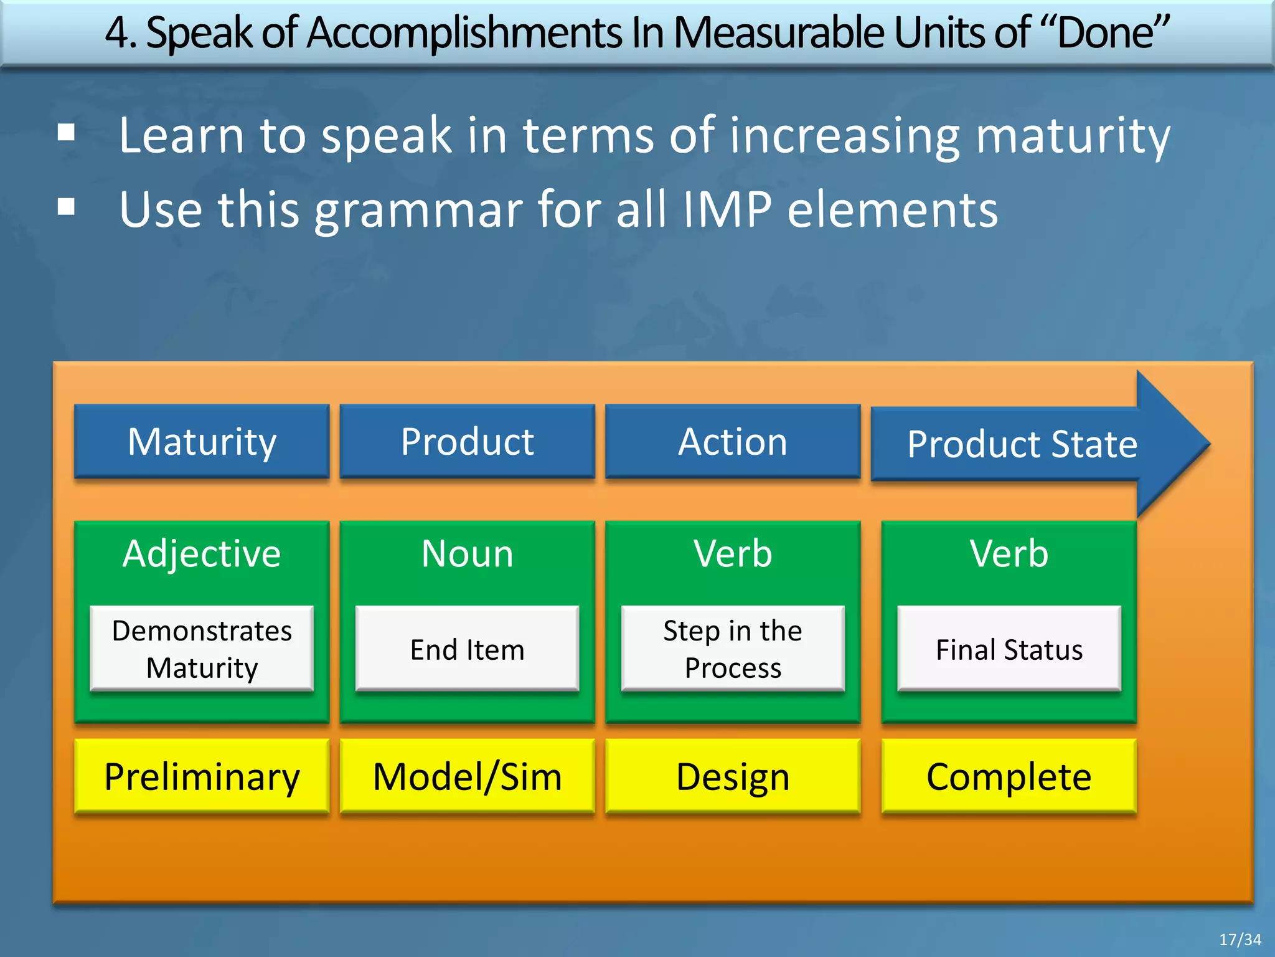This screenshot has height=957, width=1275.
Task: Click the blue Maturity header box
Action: tap(202, 441)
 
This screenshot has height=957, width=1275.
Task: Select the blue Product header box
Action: tap(467, 441)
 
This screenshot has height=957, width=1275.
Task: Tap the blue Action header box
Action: tap(733, 441)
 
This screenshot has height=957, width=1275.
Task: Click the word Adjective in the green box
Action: tap(202, 553)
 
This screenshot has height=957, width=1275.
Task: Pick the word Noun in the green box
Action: tap(467, 553)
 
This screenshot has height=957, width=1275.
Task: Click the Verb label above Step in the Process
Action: tap(733, 553)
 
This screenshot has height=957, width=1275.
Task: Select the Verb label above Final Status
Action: tap(1009, 553)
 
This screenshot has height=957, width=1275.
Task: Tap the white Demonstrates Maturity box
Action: tap(202, 649)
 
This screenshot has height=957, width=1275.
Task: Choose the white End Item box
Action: tap(467, 649)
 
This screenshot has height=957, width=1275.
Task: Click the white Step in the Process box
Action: tap(733, 649)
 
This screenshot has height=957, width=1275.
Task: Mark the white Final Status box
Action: tap(1009, 649)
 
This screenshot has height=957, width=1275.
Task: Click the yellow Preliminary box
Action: tap(202, 776)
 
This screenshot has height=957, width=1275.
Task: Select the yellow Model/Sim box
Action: tap(467, 776)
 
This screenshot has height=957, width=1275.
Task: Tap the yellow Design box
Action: tap(733, 776)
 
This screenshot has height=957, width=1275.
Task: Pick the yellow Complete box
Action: tap(1009, 776)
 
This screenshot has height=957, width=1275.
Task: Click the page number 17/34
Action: tap(1240, 940)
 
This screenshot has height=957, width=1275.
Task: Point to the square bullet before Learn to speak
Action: tap(66, 133)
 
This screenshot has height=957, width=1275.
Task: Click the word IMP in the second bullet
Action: tap(727, 209)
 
